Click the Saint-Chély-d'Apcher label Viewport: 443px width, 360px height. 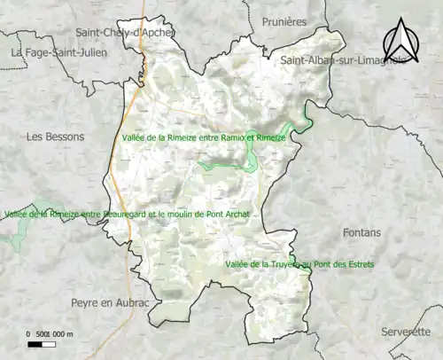click(125, 33)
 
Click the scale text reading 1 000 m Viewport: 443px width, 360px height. click(59, 333)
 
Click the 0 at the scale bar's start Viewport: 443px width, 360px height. click(29, 333)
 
